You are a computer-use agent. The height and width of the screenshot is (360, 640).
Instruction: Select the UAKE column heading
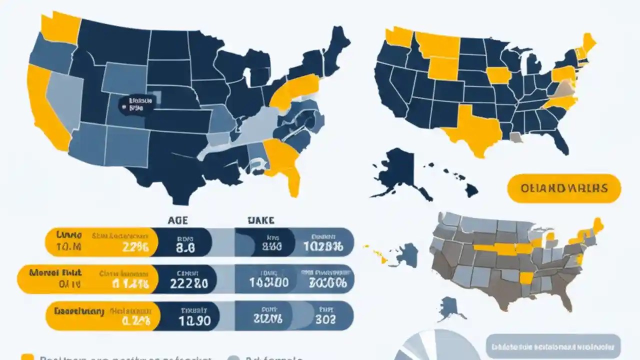point(260,220)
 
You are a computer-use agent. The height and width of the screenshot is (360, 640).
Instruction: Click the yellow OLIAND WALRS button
point(564,188)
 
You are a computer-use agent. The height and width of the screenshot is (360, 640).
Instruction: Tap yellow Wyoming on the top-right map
point(443,68)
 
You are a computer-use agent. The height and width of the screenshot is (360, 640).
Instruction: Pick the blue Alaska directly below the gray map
point(448,308)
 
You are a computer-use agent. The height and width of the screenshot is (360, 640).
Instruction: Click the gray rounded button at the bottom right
point(553,346)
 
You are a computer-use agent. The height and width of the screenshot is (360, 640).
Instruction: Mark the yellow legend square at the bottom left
point(27,357)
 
